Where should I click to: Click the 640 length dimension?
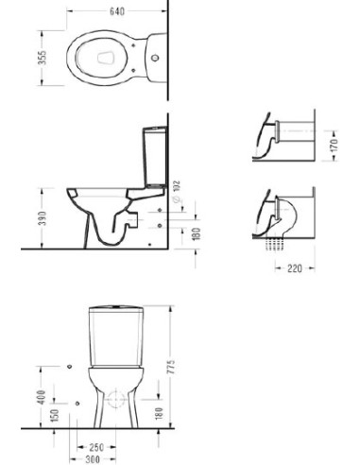click(x=117, y=11)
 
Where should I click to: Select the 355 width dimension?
click(x=42, y=58)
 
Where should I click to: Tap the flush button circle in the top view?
click(x=155, y=58)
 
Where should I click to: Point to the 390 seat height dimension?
click(x=42, y=218)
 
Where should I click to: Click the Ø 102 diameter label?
click(x=177, y=191)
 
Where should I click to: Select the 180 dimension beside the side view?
click(x=196, y=233)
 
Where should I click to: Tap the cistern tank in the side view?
click(x=154, y=157)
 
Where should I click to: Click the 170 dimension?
click(x=334, y=146)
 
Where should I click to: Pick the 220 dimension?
click(x=295, y=268)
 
